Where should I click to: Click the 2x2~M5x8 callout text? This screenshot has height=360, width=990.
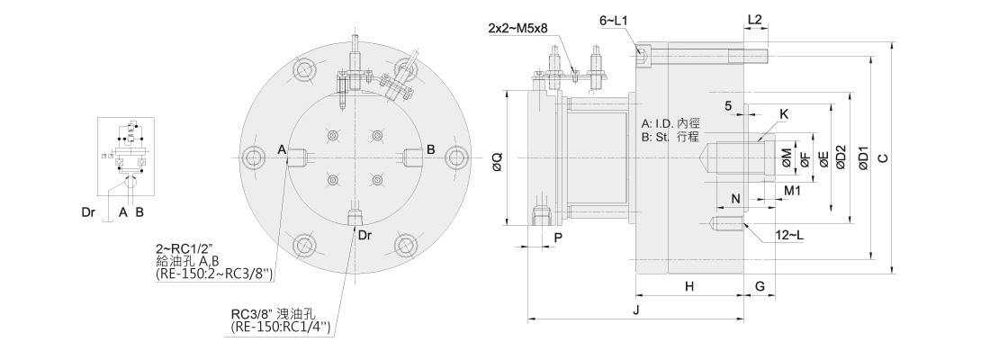click(517, 29)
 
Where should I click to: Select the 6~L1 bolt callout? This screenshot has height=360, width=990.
click(613, 21)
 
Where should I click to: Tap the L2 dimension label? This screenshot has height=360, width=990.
click(754, 20)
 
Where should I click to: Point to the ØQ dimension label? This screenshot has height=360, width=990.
click(497, 161)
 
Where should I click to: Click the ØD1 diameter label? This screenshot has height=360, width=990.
click(864, 157)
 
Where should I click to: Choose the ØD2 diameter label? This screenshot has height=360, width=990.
click(840, 157)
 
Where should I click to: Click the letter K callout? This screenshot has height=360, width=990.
click(784, 114)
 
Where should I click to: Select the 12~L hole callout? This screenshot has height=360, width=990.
click(789, 236)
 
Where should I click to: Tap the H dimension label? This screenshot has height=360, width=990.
click(689, 287)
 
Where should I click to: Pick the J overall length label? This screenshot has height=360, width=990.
click(635, 310)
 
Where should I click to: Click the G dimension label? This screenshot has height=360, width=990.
click(760, 287)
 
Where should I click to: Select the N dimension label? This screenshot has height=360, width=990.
click(735, 199)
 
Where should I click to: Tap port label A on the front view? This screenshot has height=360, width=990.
click(283, 149)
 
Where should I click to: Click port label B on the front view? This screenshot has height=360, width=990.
click(430, 149)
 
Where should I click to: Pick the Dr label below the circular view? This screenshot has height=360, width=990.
click(364, 236)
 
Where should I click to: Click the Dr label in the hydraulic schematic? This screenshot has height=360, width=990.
click(88, 212)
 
